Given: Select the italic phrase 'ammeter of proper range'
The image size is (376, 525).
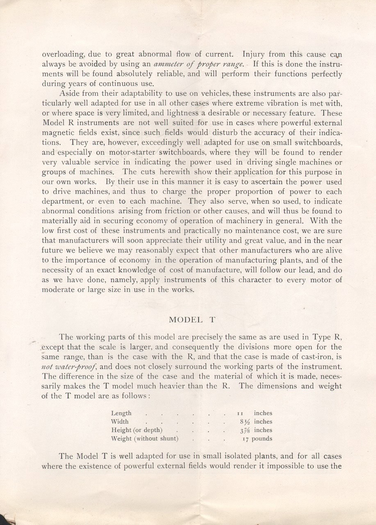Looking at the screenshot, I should pyautogui.click(x=199, y=64).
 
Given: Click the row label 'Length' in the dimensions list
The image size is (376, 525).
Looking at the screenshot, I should pyautogui.click(x=121, y=413).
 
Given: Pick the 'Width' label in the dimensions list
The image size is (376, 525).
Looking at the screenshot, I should pyautogui.click(x=120, y=421).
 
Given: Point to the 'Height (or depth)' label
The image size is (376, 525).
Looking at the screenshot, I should pyautogui.click(x=137, y=430).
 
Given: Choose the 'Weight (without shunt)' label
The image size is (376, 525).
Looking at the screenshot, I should pyautogui.click(x=144, y=438).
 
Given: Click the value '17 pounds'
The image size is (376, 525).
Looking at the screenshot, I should pyautogui.click(x=257, y=438).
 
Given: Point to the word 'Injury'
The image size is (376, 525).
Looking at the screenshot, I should pyautogui.click(x=254, y=54).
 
